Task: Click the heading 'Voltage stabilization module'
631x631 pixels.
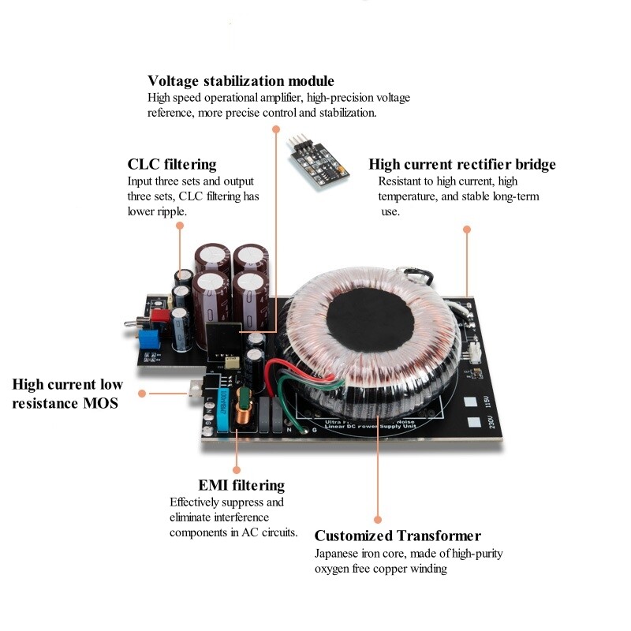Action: click(241, 81)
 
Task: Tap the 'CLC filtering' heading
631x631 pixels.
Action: click(171, 164)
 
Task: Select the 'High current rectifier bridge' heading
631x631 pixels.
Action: click(462, 164)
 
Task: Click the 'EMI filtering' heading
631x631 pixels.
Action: click(241, 485)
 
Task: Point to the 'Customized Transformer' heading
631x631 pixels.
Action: click(398, 536)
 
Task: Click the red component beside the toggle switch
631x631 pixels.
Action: click(161, 316)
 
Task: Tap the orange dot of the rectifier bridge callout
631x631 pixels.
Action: click(467, 229)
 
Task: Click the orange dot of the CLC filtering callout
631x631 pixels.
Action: click(181, 226)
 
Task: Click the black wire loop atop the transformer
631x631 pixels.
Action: click(416, 276)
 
